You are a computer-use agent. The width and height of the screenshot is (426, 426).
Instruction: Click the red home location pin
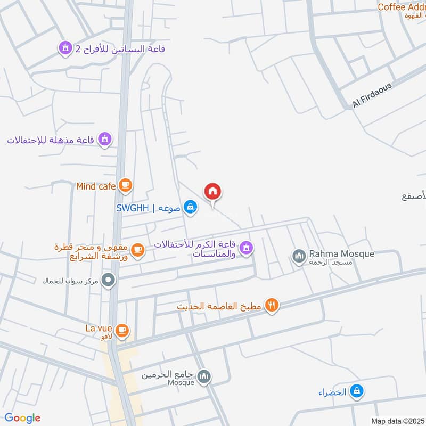(212, 192)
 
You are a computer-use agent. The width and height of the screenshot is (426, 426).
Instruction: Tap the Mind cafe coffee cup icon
(126, 186)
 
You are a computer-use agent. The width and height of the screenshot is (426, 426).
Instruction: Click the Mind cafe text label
(96, 186)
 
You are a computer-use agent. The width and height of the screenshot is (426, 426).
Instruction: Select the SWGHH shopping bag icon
(190, 207)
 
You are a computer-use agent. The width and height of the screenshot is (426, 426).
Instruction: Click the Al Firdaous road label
(372, 95)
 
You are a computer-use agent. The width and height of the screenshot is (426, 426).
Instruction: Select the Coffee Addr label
(401, 7)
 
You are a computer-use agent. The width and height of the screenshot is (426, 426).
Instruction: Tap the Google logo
(22, 418)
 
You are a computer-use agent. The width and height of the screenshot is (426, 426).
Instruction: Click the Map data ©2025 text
(397, 421)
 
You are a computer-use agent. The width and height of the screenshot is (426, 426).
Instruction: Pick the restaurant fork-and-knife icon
(272, 306)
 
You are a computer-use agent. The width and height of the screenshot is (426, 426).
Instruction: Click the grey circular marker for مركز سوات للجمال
(109, 280)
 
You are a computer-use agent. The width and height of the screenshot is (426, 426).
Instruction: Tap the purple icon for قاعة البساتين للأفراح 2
(65, 48)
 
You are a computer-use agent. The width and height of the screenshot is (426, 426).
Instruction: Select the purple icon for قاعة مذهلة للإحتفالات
(105, 140)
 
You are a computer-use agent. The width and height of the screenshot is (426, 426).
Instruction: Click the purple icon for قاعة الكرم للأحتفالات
(245, 248)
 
